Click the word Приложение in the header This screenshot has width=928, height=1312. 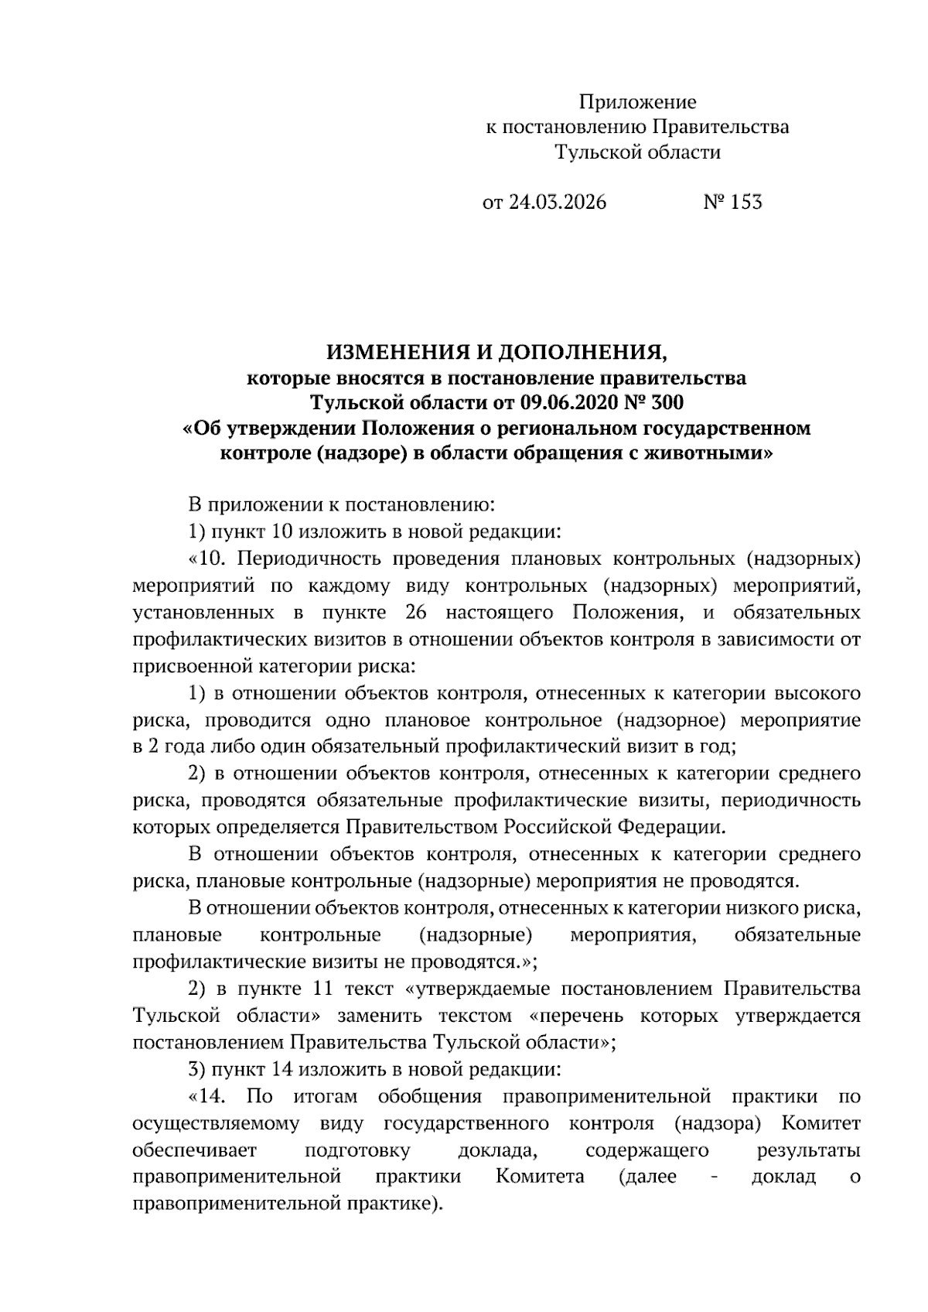[637, 102]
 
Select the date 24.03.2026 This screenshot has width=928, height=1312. [557, 203]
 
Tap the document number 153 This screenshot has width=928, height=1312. [746, 203]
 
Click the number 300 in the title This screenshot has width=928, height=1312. [666, 403]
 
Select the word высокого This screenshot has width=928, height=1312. [817, 693]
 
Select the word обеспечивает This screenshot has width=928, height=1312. [194, 1150]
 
